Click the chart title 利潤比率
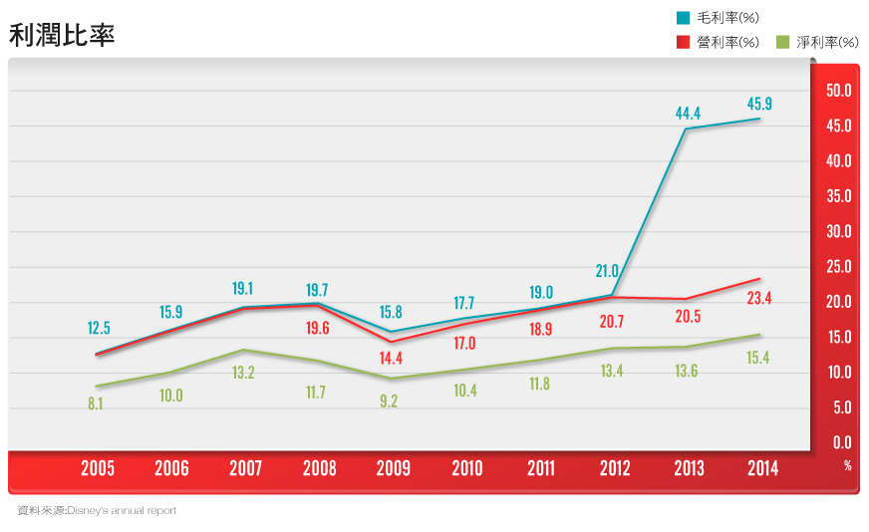(62, 35)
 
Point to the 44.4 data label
(688, 114)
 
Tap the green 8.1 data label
(97, 404)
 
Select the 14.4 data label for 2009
(391, 359)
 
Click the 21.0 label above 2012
(607, 271)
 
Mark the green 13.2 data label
(243, 373)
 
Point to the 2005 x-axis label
(98, 468)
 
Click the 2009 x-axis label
(394, 468)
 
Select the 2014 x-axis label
(762, 468)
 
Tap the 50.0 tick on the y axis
(839, 91)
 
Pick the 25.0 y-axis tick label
(839, 267)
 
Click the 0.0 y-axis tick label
(842, 442)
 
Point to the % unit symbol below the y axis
(848, 464)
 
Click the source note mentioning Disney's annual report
(97, 510)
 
